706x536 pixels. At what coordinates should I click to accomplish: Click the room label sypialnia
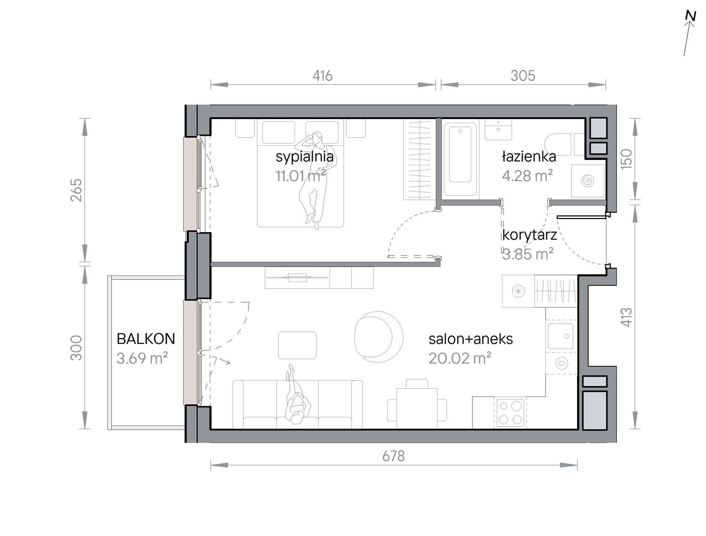point(304,157)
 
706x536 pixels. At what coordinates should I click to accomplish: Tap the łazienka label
point(529,156)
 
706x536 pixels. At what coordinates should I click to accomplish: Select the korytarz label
point(529,235)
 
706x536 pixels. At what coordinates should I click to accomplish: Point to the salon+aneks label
point(470,339)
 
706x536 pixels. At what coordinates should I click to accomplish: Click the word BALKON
point(146,339)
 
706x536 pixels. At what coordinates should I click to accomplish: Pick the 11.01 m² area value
point(301,176)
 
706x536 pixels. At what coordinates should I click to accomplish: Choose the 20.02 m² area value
point(460,358)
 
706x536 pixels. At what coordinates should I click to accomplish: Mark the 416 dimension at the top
point(322,76)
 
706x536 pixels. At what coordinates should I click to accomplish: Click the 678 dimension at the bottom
point(394,456)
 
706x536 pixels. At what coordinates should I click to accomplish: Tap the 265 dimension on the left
point(76,190)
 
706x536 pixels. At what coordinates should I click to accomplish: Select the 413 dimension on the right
point(626,317)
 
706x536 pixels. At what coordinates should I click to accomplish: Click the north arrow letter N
point(690,16)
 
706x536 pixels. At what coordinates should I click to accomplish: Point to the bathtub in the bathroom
point(460,159)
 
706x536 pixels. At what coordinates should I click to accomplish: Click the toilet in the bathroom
point(558,144)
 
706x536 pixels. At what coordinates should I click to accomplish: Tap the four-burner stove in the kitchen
point(510,413)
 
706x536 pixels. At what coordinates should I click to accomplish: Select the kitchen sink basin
point(561,336)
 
